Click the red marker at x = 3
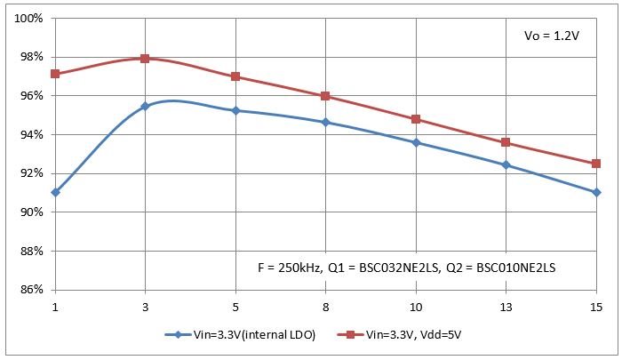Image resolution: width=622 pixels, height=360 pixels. coord(145,59)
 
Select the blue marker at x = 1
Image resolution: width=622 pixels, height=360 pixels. coord(55,192)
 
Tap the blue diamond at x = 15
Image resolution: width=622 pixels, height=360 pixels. coord(596,192)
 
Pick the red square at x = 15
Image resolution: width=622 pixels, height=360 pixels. coord(596,164)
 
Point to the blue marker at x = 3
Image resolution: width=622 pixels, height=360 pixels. coord(145,106)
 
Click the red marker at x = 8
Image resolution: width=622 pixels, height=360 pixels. coord(325,96)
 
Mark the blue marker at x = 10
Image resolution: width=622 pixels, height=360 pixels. coord(416,142)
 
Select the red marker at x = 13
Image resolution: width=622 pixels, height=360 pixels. coord(506,142)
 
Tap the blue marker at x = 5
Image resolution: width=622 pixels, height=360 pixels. coord(235,111)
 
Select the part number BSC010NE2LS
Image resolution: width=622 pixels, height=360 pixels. coord(515,267)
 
